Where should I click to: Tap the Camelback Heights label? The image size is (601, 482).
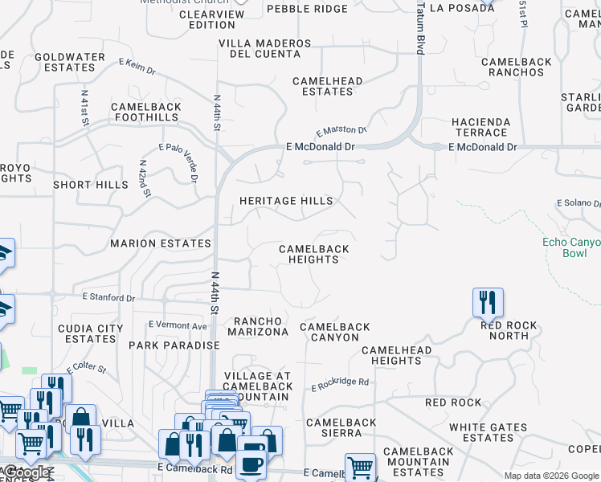pyautogui.click(x=313, y=254)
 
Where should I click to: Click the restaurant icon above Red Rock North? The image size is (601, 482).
pyautogui.click(x=488, y=303)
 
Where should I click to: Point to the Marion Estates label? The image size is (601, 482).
pyautogui.click(x=161, y=243)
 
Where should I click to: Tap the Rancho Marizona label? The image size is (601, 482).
pyautogui.click(x=257, y=325)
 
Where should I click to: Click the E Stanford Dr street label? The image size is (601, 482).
pyautogui.click(x=109, y=297)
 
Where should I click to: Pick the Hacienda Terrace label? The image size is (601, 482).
pyautogui.click(x=480, y=127)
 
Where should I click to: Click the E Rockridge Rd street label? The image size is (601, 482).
pyautogui.click(x=340, y=384)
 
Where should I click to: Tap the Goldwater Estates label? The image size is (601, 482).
pyautogui.click(x=71, y=63)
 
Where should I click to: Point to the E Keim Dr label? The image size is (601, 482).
pyautogui.click(x=137, y=66)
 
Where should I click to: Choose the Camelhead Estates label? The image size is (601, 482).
pyautogui.click(x=327, y=86)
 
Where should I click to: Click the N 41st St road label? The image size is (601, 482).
pyautogui.click(x=84, y=106)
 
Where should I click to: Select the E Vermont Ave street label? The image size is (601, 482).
pyautogui.click(x=178, y=325)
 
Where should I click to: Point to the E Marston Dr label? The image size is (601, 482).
pyautogui.click(x=341, y=130)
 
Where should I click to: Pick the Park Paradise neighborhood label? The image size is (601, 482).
pyautogui.click(x=174, y=345)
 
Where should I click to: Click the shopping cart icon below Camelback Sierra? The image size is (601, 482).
pyautogui.click(x=360, y=467)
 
